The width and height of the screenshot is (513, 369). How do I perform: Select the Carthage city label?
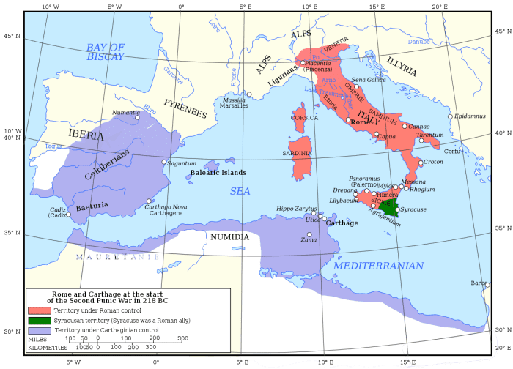342,223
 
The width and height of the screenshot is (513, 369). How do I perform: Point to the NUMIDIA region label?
229,237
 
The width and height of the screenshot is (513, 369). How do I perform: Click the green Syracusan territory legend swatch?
39,320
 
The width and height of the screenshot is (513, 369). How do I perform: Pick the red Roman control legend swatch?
39,310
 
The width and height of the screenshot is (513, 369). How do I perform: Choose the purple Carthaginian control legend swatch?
39,330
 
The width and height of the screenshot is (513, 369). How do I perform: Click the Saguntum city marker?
163,162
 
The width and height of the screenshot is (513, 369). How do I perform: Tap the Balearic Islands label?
218,173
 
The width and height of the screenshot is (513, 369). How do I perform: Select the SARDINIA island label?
297,153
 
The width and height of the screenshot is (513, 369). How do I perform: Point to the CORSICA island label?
304,117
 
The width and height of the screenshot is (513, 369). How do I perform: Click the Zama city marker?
309,234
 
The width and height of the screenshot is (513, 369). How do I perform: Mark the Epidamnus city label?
470,116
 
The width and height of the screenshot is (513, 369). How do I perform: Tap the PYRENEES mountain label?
185,108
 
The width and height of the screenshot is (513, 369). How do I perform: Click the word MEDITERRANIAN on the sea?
378,266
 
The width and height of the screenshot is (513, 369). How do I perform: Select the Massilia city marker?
249,94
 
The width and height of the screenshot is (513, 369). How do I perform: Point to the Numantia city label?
125,112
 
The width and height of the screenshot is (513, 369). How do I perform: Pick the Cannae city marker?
405,126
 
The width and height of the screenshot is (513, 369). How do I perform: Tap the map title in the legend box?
107,297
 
